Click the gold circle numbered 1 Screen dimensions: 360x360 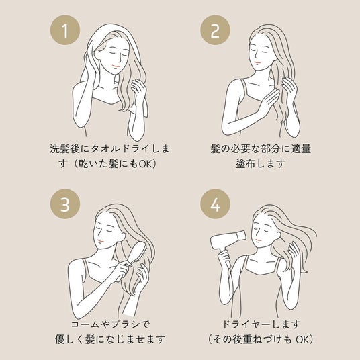click(x=65, y=30)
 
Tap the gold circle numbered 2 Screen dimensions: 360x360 click(x=215, y=30)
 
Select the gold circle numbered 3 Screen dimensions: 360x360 click(x=65, y=204)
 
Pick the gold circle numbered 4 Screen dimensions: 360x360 click(x=215, y=204)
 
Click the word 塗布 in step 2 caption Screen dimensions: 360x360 click(x=244, y=163)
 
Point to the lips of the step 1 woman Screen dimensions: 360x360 click(x=116, y=66)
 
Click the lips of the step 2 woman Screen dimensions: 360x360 click(x=258, y=62)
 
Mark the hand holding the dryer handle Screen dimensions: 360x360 click(x=224, y=257)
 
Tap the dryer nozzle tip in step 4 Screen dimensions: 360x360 click(x=242, y=236)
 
